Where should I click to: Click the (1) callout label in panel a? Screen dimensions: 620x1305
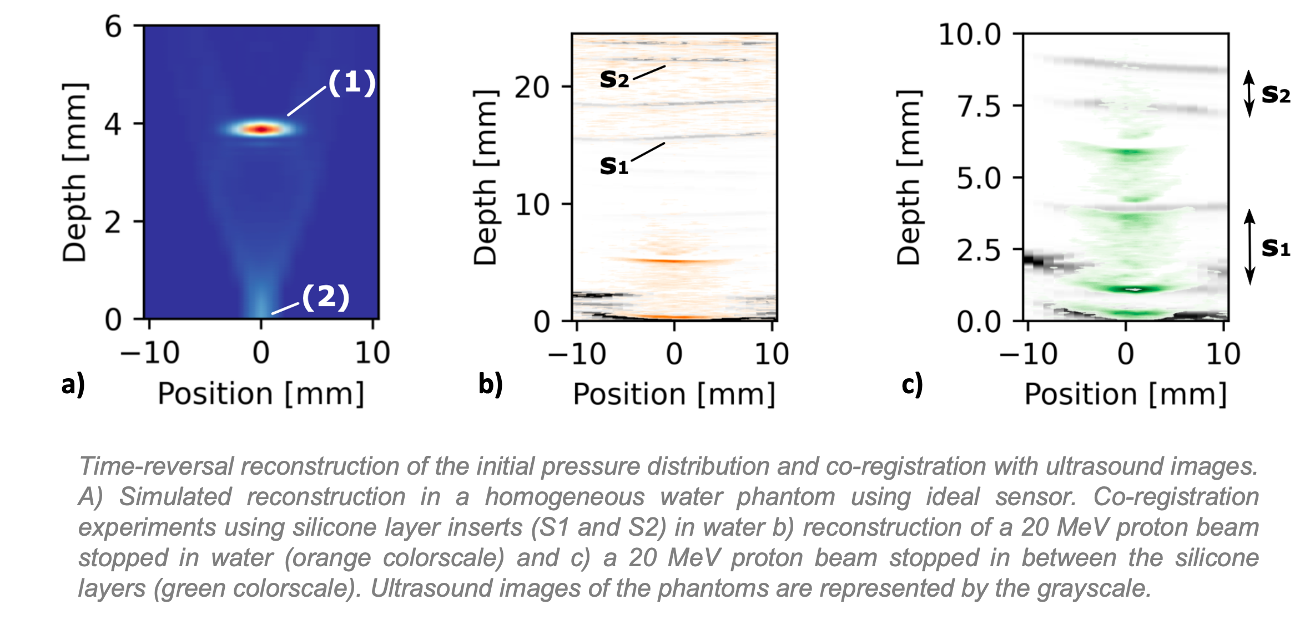coord(352,83)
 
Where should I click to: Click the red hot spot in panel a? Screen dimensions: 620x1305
coord(262,129)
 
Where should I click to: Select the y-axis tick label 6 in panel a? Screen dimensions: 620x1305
coord(113,27)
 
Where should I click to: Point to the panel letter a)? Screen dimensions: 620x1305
coord(73,384)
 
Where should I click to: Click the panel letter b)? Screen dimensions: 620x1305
coord(490,384)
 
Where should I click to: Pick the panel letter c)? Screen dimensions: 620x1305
coord(912,384)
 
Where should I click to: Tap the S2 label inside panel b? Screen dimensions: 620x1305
coord(614,79)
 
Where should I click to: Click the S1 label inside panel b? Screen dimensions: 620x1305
coord(614,165)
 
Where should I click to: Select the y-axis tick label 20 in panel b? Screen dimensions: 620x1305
coord(532,87)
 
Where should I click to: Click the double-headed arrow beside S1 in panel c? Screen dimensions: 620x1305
coord(1249,247)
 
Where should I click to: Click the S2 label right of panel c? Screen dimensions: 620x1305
coord(1276,94)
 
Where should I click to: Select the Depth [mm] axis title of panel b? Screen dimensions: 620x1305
coord(485,177)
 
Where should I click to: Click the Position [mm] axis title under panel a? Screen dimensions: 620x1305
coord(261,394)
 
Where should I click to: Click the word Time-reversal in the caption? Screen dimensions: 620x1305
coord(156,466)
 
